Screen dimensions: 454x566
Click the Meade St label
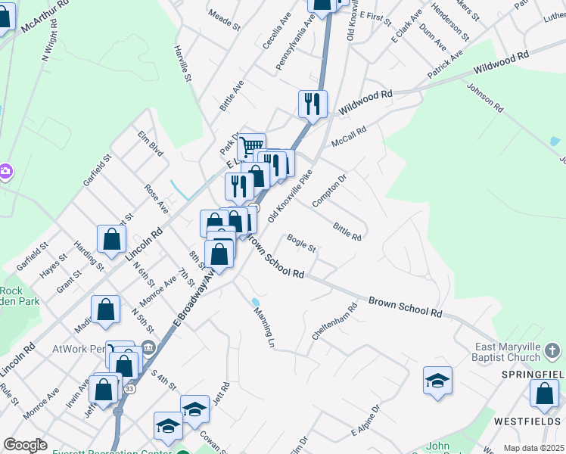pyautogui.click(x=223, y=20)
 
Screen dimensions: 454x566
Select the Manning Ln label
pyautogui.click(x=263, y=327)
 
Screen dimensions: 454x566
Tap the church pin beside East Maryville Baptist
pyautogui.click(x=553, y=350)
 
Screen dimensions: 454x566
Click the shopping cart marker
pyautogui.click(x=251, y=146)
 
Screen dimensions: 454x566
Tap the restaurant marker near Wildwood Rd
pyautogui.click(x=313, y=104)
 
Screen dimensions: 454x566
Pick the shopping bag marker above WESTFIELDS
pyautogui.click(x=544, y=393)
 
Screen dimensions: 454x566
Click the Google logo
pyautogui.click(x=25, y=445)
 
